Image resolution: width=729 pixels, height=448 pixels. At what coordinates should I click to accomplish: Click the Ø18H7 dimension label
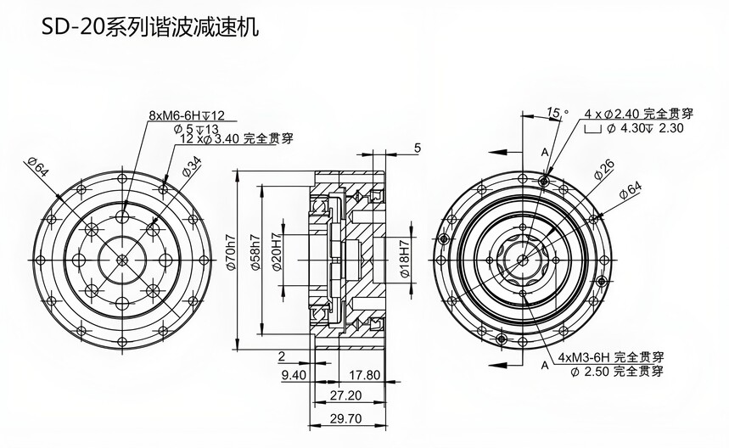point(405,260)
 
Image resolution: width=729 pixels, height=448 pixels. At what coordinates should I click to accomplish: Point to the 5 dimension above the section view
point(417,148)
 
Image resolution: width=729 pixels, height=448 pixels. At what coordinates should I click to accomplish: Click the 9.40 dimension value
point(292,373)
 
